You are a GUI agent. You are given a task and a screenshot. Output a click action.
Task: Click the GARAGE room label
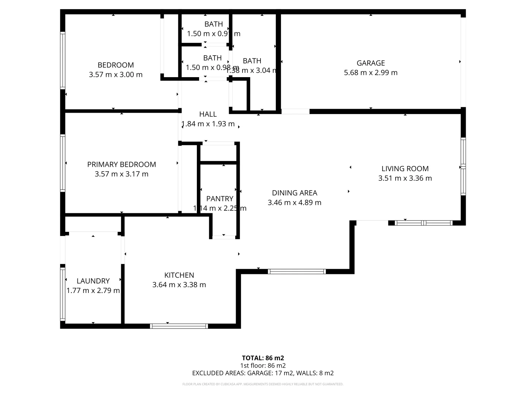click(370, 63)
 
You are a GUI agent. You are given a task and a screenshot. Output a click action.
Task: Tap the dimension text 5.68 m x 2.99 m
click(370, 72)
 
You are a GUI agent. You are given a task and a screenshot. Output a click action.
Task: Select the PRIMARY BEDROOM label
click(121, 165)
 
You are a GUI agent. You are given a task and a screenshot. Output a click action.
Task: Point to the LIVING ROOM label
click(405, 169)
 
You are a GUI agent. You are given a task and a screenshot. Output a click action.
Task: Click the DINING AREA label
click(294, 193)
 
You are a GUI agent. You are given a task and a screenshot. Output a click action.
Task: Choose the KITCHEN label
click(179, 275)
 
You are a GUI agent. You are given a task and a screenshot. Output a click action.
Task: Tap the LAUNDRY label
click(93, 281)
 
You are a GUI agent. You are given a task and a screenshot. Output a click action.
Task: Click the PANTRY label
click(220, 199)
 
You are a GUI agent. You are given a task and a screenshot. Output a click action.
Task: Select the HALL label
click(208, 114)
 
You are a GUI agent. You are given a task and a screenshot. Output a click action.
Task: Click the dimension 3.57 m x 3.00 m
click(115, 75)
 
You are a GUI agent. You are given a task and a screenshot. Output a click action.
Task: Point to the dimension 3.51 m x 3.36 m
click(405, 178)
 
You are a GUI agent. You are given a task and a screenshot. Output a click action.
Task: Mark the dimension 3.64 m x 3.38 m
click(179, 285)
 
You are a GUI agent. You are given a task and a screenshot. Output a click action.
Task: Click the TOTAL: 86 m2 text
click(263, 358)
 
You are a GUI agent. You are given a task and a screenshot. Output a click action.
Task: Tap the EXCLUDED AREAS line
click(263, 373)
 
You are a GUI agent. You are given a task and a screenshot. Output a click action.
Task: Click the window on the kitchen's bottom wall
click(179, 326)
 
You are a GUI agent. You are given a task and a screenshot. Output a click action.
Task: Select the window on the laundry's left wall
click(63, 294)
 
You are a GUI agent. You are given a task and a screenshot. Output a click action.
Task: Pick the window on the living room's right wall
click(463, 166)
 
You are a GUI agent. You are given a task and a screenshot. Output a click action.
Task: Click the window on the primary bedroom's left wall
click(63, 163)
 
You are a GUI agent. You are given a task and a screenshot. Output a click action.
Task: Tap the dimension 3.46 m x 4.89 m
click(294, 202)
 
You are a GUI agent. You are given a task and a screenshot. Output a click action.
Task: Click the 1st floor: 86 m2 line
click(263, 365)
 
